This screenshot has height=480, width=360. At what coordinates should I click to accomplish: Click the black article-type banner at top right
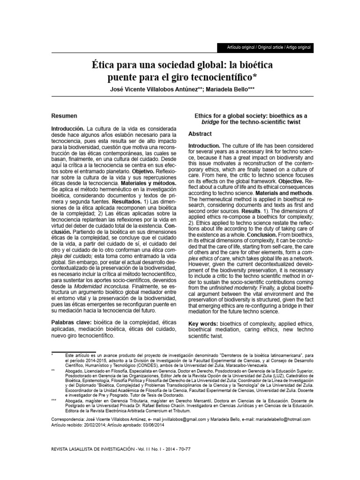265,48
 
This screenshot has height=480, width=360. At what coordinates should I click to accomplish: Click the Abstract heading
200,134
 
